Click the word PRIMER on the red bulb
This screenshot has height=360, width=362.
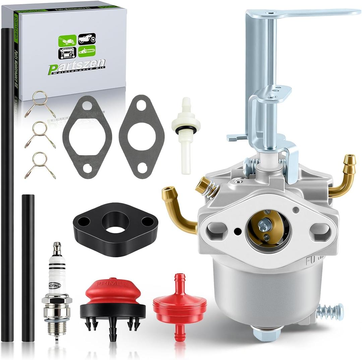click(x=112, y=284)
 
